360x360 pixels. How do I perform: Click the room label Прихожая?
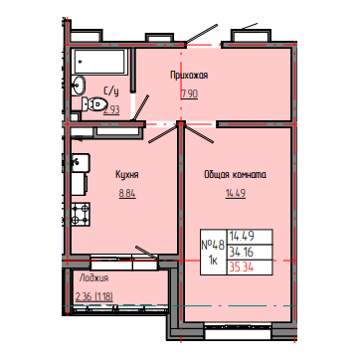[x=189, y=76]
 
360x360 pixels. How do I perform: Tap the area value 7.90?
[x=189, y=94]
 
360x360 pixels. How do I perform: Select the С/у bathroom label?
[x=111, y=91]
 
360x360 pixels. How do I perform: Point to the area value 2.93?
[x=111, y=109]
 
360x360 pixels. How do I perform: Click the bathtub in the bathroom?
[x=99, y=62]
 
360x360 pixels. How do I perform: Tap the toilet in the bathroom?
[x=92, y=104]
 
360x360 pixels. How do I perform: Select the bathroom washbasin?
[x=79, y=86]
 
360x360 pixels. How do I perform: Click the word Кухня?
[x=127, y=174]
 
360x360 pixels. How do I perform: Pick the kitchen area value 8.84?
[x=127, y=194]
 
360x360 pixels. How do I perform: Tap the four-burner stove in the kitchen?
[x=81, y=214]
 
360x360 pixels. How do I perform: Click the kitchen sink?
[x=80, y=163]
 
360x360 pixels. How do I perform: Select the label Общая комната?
[x=236, y=175]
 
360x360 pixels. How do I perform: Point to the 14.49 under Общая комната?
[x=236, y=194]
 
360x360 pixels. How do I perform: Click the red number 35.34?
[x=241, y=268]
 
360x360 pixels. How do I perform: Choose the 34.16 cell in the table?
[x=241, y=253]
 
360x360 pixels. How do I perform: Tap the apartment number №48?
[x=213, y=246]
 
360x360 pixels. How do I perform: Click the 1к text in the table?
[x=213, y=261]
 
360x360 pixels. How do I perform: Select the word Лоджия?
[x=93, y=278]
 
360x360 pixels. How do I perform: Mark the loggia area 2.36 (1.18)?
[x=94, y=296]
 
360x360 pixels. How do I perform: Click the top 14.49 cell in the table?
[x=241, y=237]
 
